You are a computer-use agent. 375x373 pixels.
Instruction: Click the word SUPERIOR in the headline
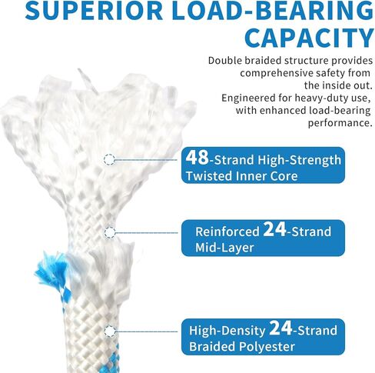(94, 11)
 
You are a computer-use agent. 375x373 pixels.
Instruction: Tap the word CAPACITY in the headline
(309, 38)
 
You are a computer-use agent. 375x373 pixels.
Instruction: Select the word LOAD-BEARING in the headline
(273, 11)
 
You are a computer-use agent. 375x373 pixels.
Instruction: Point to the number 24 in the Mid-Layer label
(274, 229)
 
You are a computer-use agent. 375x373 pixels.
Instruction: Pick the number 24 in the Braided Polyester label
(280, 328)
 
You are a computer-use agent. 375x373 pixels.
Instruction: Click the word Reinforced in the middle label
(227, 231)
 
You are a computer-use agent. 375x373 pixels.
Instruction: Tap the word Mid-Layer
(224, 248)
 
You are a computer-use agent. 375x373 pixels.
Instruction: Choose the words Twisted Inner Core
(241, 176)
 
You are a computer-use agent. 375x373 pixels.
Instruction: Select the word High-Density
(227, 331)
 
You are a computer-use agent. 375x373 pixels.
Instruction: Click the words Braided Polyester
(242, 347)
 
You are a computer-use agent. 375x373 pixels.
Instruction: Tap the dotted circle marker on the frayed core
(109, 159)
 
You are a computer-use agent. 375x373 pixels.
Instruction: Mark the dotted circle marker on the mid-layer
(110, 232)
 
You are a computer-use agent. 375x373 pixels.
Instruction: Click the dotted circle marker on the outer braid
(110, 331)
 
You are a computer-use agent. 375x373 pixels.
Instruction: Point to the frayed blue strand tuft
(51, 269)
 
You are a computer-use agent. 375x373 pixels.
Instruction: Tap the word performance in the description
(340, 123)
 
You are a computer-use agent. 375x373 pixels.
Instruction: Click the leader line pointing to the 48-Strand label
(146, 160)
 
